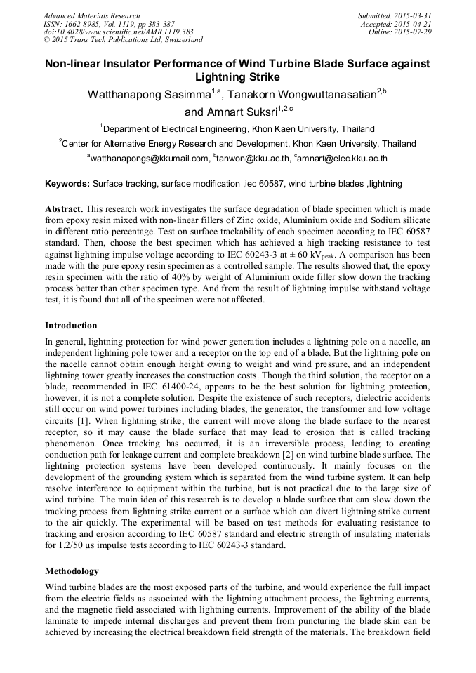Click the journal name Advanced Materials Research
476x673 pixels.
(91, 15)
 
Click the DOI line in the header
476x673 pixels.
(119, 32)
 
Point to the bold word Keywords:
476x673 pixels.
(67, 184)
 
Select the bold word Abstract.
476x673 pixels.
(65, 210)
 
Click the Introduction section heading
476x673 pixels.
(71, 326)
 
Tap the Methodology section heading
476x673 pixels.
(72, 571)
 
